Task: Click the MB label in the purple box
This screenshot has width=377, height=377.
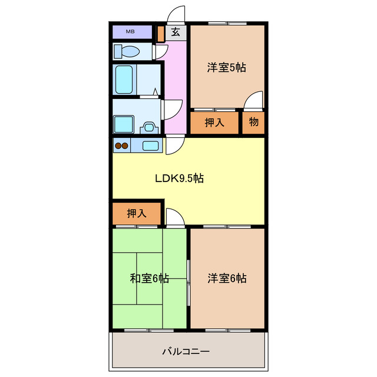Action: point(130,31)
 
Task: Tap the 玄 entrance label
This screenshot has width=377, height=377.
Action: point(176,33)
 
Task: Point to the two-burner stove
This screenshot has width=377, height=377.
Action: point(121,145)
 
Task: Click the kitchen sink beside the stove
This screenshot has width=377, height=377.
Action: point(150,145)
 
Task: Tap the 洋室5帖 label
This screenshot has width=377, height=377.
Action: point(226,67)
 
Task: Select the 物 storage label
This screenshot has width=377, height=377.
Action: point(254,123)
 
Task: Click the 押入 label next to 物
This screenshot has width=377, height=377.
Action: point(216,123)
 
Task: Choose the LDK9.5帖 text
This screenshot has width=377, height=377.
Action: point(179,178)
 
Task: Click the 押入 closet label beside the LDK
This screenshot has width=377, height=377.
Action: point(136,213)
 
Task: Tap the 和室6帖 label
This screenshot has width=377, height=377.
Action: point(150,278)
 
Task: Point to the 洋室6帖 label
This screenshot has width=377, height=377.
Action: point(227,278)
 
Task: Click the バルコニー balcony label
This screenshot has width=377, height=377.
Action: point(186,352)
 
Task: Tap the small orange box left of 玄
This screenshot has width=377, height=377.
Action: point(161,33)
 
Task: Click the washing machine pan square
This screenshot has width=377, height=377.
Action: point(124,125)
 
